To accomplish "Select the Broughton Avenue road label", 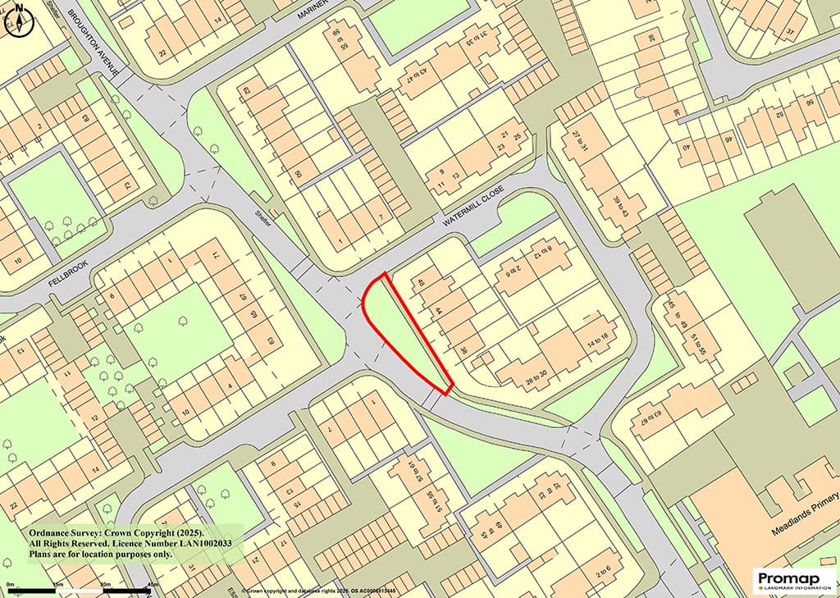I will point(96,43).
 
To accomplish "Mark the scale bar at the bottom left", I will point(82,590).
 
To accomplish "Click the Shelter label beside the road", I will point(262,218).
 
